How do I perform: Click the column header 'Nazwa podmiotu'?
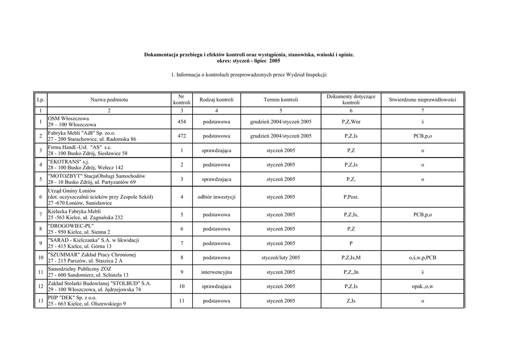[109, 100]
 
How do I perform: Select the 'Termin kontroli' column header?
[281, 100]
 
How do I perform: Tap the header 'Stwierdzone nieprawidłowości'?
[422, 100]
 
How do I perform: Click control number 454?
[182, 122]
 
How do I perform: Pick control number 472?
[182, 136]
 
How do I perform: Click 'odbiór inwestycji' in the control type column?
[216, 197]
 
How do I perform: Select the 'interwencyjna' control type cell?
[216, 272]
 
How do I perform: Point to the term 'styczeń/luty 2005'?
[281, 258]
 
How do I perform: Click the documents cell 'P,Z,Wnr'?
[351, 122]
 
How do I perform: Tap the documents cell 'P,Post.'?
[351, 197]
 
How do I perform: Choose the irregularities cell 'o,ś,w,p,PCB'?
[422, 258]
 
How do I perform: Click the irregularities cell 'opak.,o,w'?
[422, 287]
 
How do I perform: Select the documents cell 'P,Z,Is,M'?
[351, 258]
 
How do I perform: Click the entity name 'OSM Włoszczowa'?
[69, 119]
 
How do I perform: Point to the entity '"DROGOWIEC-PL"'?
[71, 226]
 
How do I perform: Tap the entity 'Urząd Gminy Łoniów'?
[72, 191]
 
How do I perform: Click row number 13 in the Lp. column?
[40, 301]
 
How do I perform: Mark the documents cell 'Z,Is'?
[351, 301]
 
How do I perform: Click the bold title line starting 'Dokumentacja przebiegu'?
[249, 54]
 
